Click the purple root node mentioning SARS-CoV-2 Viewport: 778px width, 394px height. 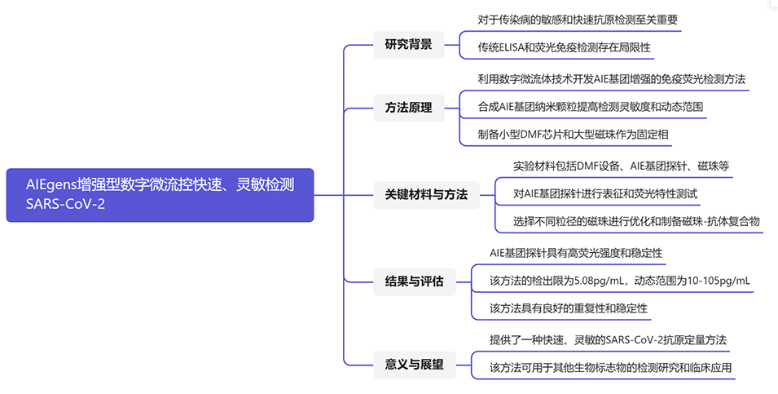pos(160,195)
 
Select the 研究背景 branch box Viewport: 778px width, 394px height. pos(408,44)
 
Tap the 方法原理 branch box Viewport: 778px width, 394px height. pos(408,108)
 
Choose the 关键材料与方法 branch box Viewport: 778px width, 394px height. pos(426,194)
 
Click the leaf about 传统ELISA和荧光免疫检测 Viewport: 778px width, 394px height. pos(565,47)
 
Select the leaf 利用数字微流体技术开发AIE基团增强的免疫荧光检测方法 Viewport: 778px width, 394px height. pos(612,79)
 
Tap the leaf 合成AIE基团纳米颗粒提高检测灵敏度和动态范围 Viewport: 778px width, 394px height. pos(591,107)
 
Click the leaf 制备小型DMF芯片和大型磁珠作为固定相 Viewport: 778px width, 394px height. pos(574,135)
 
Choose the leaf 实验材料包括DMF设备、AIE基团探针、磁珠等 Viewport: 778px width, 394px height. pos(621,166)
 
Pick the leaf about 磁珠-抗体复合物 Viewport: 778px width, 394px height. pos(635,221)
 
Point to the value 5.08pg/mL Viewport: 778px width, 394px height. pos(600,281)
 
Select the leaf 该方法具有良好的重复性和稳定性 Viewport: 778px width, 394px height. pos(568,308)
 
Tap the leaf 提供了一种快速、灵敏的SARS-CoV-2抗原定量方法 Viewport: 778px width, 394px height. pos(607,339)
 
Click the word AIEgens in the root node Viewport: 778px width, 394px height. pos(51,185)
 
